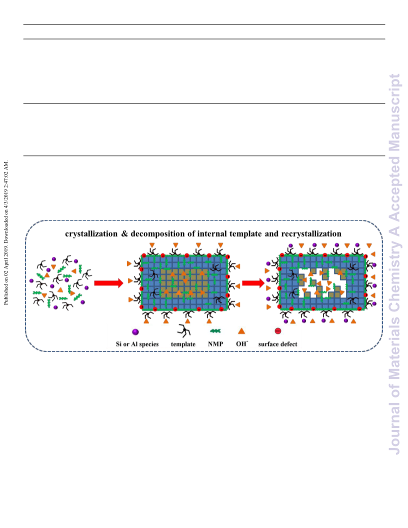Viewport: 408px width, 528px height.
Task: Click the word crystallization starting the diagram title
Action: (x=91, y=233)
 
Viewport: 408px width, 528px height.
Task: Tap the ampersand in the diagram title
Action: (x=124, y=233)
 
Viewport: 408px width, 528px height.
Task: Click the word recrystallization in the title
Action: (x=311, y=233)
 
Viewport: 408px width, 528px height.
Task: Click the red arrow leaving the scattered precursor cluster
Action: (x=108, y=283)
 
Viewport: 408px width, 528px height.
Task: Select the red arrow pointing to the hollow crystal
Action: (x=253, y=283)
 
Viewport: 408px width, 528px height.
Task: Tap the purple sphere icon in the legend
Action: (x=135, y=332)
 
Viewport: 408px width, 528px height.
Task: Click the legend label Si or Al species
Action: (x=137, y=344)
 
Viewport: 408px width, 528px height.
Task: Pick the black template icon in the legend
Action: (x=184, y=330)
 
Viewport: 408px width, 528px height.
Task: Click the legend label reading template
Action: (x=183, y=344)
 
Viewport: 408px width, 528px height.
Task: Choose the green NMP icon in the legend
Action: (x=215, y=331)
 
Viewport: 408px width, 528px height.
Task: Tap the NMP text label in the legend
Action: (x=215, y=344)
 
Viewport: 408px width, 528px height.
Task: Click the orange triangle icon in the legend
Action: (x=241, y=331)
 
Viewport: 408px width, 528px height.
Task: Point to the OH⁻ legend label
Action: (x=241, y=344)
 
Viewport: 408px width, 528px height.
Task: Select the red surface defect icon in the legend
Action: (x=277, y=331)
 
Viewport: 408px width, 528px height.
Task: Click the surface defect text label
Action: (x=277, y=344)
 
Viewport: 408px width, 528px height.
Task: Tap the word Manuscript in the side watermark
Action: (x=394, y=112)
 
